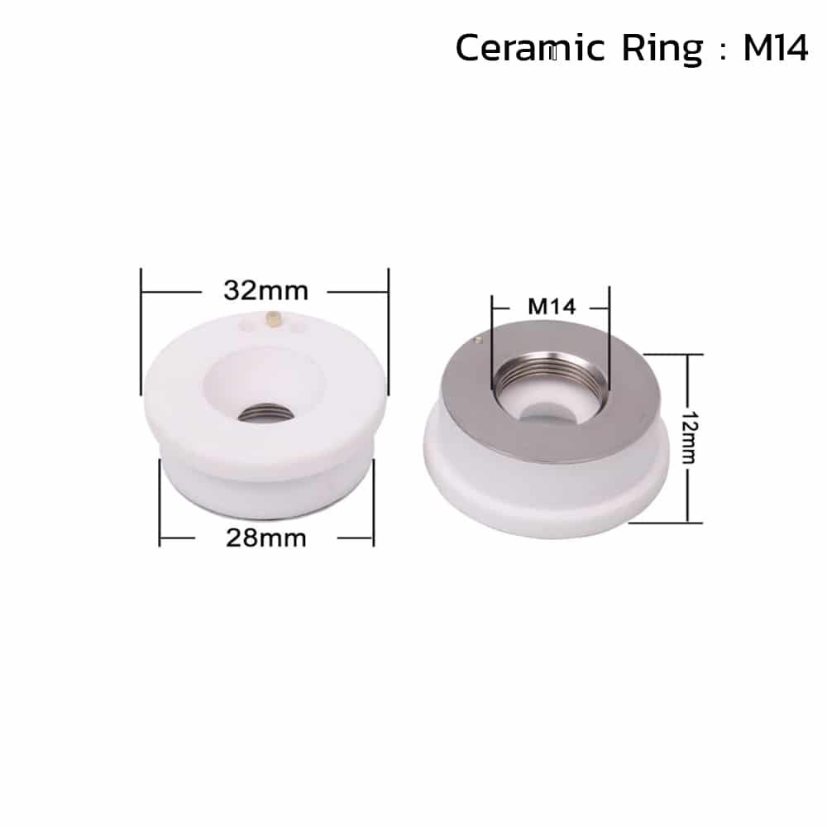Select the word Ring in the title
coord(661,50)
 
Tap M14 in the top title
coord(775,49)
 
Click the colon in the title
coord(722,51)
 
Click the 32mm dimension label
coord(265,291)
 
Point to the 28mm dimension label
coord(266,538)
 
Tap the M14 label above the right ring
coord(551,307)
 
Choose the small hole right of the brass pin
coord(299,328)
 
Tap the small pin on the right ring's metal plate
coord(477,337)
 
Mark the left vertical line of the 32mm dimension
coord(142,331)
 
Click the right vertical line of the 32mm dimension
coord(387,331)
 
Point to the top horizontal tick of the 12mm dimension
coord(674,354)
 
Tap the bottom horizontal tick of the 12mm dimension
coord(674,523)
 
